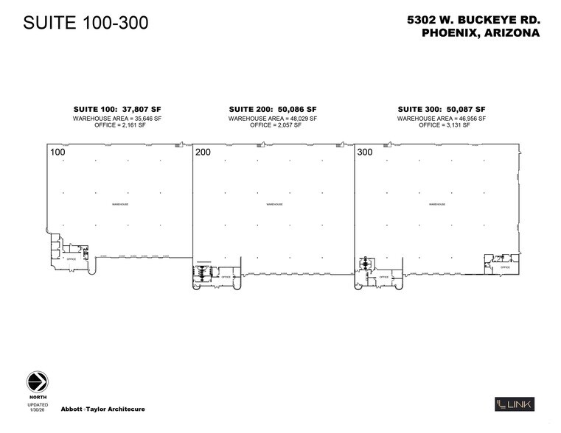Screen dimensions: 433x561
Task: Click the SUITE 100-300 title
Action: pyautogui.click(x=86, y=23)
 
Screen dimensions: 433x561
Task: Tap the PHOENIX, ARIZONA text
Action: pyautogui.click(x=480, y=33)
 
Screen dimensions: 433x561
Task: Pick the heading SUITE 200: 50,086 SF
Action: pyautogui.click(x=272, y=109)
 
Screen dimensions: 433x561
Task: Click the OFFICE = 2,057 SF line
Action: pyautogui.click(x=272, y=125)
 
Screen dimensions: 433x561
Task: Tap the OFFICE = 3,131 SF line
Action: pyautogui.click(x=441, y=125)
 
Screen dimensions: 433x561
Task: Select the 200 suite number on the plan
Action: pyautogui.click(x=203, y=153)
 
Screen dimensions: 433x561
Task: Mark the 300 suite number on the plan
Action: pyautogui.click(x=365, y=153)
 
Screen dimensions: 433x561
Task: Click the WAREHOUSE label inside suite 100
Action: pyautogui.click(x=119, y=204)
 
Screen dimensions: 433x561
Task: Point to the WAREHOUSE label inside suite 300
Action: pyautogui.click(x=436, y=204)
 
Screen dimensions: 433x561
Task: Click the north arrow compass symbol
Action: pyautogui.click(x=38, y=382)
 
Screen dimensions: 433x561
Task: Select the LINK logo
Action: pyautogui.click(x=514, y=404)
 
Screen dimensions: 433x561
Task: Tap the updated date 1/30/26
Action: pyautogui.click(x=38, y=409)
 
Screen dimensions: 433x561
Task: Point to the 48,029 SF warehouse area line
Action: pyautogui.click(x=272, y=118)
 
